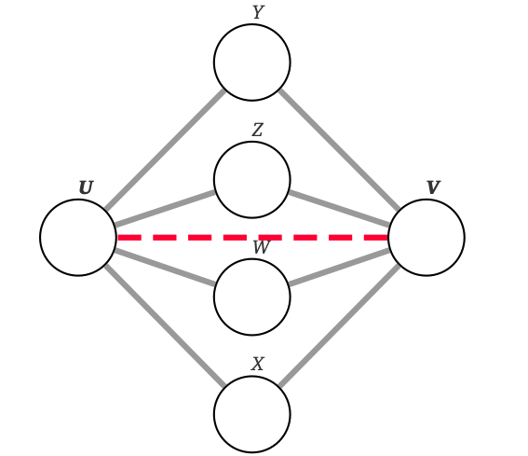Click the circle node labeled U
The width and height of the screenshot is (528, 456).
pyautogui.click(x=78, y=238)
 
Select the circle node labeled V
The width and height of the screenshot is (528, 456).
pyautogui.click(x=426, y=238)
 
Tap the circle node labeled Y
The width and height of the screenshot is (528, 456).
pyautogui.click(x=252, y=62)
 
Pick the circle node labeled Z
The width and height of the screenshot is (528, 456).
pyautogui.click(x=252, y=180)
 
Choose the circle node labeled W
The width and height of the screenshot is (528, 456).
pyautogui.click(x=252, y=297)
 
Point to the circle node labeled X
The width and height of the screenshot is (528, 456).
pyautogui.click(x=252, y=415)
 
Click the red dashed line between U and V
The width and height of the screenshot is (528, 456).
pyautogui.click(x=186, y=238)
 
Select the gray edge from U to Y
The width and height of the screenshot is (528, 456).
pyautogui.click(x=165, y=150)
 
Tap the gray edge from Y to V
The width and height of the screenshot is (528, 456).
pyautogui.click(x=340, y=150)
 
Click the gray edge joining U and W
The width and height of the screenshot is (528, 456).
pyautogui.click(x=165, y=268)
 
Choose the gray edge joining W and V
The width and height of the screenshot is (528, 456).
pyautogui.click(x=340, y=268)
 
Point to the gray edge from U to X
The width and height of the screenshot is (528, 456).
pyautogui.click(x=165, y=326)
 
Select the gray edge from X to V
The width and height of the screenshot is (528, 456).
pyautogui.click(x=340, y=326)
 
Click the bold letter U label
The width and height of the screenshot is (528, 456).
pyautogui.click(x=86, y=188)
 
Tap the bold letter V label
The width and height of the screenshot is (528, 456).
pyautogui.click(x=433, y=188)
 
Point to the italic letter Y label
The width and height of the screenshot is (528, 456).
pyautogui.click(x=258, y=13)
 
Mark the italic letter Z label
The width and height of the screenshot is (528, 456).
pyautogui.click(x=258, y=131)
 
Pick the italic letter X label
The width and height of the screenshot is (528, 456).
pyautogui.click(x=258, y=365)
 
